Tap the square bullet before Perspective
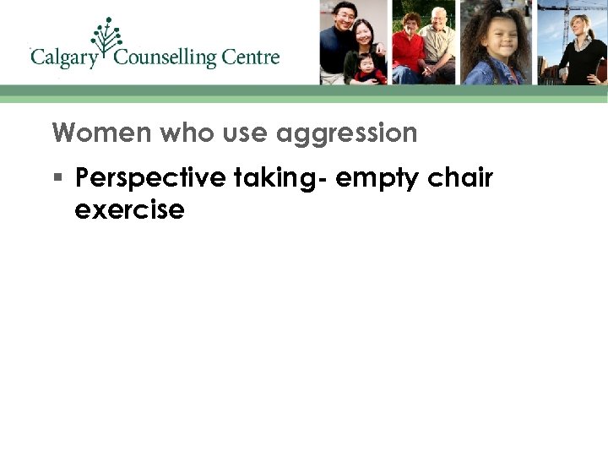57,178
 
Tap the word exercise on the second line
129,209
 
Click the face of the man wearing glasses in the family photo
343,15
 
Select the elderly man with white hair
439,42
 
